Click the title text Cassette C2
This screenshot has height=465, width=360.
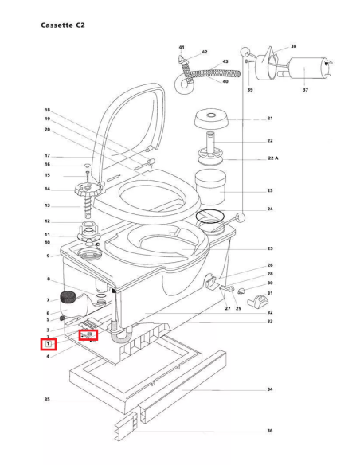pos(63,25)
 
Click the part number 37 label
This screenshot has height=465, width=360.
pos(305,90)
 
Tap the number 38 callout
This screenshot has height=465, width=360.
pos(293,47)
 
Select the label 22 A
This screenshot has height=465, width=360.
pos(272,158)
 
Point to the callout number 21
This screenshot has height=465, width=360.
pos(270,119)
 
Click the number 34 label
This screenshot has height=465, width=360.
pos(270,390)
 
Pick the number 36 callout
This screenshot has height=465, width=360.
pos(270,431)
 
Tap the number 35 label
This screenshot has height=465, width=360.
pos(47,399)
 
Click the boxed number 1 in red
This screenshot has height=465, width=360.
pos(48,344)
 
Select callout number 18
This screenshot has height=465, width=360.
pos(47,110)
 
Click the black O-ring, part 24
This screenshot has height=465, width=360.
pos(212,216)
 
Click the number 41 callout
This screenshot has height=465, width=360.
pos(182,48)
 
